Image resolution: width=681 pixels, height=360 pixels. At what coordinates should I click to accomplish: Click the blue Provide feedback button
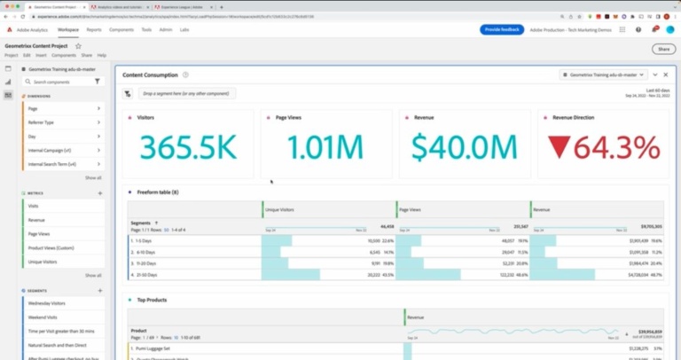502,29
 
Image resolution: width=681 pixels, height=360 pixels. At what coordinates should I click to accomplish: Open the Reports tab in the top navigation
94,29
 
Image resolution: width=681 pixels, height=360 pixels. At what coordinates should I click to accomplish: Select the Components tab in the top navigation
121,29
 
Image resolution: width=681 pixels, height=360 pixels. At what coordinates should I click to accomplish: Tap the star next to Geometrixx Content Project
78,45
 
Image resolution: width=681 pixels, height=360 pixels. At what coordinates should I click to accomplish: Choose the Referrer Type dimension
42,122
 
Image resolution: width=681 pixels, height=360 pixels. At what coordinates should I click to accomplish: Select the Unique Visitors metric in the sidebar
43,262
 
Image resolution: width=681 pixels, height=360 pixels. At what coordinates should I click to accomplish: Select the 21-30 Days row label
145,275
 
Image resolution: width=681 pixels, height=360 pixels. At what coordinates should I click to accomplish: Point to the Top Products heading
153,300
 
